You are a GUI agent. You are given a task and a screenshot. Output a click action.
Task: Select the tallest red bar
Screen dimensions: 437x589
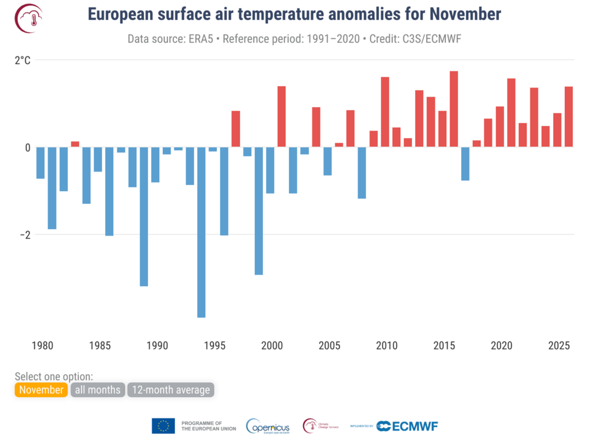pyautogui.click(x=454, y=109)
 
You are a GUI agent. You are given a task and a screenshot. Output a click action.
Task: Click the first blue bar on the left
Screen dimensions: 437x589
pyautogui.click(x=40, y=163)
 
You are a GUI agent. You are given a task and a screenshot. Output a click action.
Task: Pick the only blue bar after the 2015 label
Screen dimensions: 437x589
pyautogui.click(x=465, y=164)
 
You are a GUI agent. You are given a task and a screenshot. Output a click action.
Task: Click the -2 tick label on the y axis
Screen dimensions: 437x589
pyautogui.click(x=24, y=235)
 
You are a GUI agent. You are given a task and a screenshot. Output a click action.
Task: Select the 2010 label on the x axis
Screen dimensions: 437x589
pyautogui.click(x=387, y=346)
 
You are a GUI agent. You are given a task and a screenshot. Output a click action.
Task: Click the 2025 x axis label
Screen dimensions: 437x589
pyautogui.click(x=559, y=346)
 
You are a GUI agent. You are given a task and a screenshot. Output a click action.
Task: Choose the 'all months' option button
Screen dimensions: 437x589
pyautogui.click(x=98, y=390)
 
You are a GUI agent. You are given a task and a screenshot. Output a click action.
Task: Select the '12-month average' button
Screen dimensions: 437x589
pyautogui.click(x=171, y=390)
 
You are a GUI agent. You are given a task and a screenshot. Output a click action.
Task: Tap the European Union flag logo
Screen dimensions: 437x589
pyautogui.click(x=163, y=426)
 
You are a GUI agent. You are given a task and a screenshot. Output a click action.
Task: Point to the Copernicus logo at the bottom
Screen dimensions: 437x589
pyautogui.click(x=269, y=426)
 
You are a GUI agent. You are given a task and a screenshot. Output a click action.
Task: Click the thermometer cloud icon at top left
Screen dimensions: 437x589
pyautogui.click(x=26, y=18)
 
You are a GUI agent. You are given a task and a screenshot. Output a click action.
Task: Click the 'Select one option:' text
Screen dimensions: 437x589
pyautogui.click(x=53, y=377)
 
